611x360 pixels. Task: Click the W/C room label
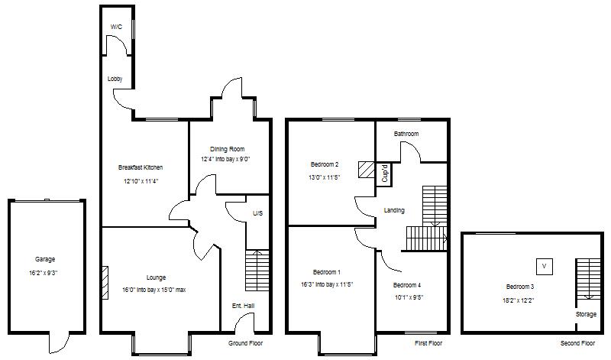[116, 27]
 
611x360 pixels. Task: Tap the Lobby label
[115, 79]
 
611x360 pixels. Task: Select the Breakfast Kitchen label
[141, 167]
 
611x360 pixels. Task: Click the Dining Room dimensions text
[225, 160]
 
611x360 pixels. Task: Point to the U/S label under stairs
[257, 213]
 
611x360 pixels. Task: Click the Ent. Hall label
[243, 306]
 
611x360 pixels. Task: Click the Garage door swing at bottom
[58, 344]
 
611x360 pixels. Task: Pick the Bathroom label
[406, 134]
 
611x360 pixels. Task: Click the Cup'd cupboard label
[386, 174]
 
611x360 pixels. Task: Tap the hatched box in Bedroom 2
[367, 170]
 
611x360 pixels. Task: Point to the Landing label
[394, 210]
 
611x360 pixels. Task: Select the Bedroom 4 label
[407, 285]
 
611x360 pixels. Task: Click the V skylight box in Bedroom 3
[545, 266]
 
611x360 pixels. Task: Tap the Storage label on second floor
[587, 314]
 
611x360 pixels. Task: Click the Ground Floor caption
[247, 343]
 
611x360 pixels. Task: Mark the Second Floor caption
[577, 343]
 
